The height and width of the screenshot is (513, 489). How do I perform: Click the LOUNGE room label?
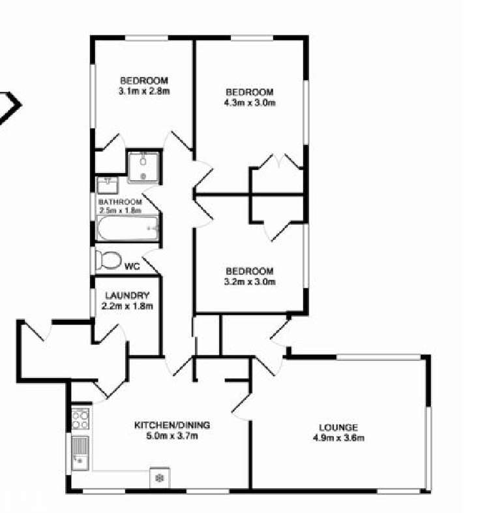tap(338, 427)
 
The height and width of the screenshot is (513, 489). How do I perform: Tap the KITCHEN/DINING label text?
tap(172, 425)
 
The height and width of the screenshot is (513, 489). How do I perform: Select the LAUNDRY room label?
tap(127, 295)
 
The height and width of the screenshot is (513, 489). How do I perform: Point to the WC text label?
tap(132, 266)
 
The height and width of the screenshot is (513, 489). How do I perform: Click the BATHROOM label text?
tap(120, 202)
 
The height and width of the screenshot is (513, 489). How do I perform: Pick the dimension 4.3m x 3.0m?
tap(249, 102)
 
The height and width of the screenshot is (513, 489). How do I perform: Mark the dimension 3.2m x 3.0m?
tap(249, 282)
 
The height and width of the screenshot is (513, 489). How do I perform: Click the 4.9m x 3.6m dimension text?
tap(338, 438)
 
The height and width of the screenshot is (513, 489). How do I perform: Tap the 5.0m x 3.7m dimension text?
tap(172, 435)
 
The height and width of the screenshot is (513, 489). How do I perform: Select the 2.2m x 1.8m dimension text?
tap(127, 305)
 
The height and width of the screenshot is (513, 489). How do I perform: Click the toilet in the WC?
tap(108, 260)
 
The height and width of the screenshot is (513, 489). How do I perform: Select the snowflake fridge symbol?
tap(158, 478)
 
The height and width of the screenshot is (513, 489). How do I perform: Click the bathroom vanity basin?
tap(107, 185)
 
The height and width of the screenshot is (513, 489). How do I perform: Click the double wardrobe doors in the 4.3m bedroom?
tap(278, 161)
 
